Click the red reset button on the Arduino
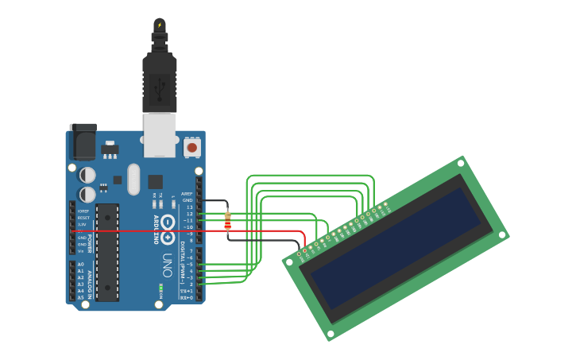(x=191, y=147)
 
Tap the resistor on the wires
(x=228, y=221)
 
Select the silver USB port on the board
(x=160, y=134)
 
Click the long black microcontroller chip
(x=107, y=252)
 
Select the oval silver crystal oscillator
(x=133, y=179)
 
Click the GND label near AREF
(x=187, y=200)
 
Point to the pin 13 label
(x=189, y=207)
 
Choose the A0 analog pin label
(x=81, y=265)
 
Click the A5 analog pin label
(x=81, y=297)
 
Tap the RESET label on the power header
(x=83, y=217)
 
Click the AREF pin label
(x=187, y=193)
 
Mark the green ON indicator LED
(x=160, y=286)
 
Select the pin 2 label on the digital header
(x=191, y=284)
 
